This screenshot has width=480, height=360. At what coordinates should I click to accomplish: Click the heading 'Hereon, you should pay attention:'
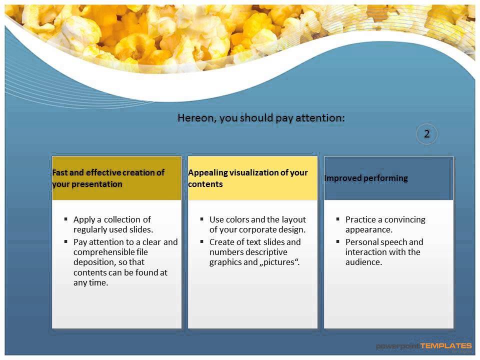(261, 118)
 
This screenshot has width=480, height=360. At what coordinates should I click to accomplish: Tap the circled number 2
(427, 134)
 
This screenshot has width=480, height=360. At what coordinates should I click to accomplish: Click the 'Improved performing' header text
(366, 178)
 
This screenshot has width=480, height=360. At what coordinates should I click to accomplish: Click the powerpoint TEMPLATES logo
(423, 346)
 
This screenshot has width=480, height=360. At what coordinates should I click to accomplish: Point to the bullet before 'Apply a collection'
(66, 219)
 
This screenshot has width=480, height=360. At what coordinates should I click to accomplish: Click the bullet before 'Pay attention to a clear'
(66, 241)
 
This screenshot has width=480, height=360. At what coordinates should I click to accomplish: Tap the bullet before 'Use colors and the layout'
(202, 219)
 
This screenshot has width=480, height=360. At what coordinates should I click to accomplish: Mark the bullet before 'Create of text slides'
(202, 241)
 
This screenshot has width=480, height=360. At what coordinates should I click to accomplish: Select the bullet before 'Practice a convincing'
(338, 219)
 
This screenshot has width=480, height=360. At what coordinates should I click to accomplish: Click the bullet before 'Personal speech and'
(338, 241)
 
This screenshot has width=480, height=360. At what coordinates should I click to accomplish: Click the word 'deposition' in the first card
(94, 262)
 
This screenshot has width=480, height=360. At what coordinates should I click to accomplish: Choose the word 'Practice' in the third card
(361, 219)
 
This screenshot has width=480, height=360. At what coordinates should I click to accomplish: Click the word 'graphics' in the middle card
(225, 262)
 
